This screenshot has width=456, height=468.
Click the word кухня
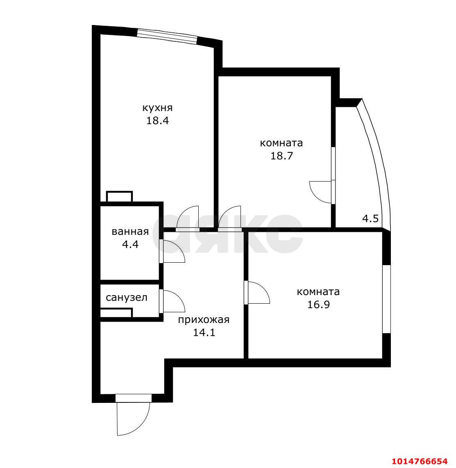(157, 108)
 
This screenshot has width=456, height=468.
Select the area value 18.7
(281, 156)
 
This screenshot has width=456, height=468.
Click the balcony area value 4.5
(370, 218)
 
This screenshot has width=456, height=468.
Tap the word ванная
(130, 232)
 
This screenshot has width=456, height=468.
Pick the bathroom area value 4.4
(130, 245)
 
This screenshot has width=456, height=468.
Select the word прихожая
(204, 320)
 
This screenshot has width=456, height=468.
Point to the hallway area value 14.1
(204, 332)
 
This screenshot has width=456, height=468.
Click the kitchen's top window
(167, 36)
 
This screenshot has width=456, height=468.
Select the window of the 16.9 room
(386, 299)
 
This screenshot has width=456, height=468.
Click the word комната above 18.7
(281, 143)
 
